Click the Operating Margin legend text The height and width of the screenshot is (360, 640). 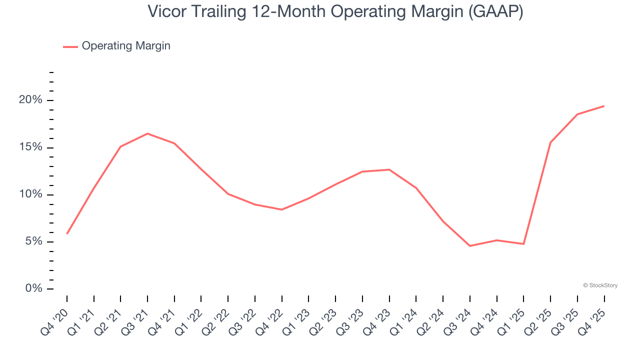click(126, 46)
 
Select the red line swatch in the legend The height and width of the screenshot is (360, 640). click(70, 46)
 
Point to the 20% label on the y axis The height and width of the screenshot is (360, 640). click(30, 100)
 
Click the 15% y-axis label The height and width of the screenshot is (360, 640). click(30, 147)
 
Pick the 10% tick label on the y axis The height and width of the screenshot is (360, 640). click(30, 194)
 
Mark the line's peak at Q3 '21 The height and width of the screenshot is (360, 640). click(147, 133)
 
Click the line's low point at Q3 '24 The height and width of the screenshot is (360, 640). click(470, 246)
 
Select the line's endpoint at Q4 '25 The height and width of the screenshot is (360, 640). click(604, 106)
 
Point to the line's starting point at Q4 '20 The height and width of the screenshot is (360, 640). click(67, 233)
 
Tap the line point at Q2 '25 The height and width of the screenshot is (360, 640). click(550, 142)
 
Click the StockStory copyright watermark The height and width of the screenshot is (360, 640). click(600, 285)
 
